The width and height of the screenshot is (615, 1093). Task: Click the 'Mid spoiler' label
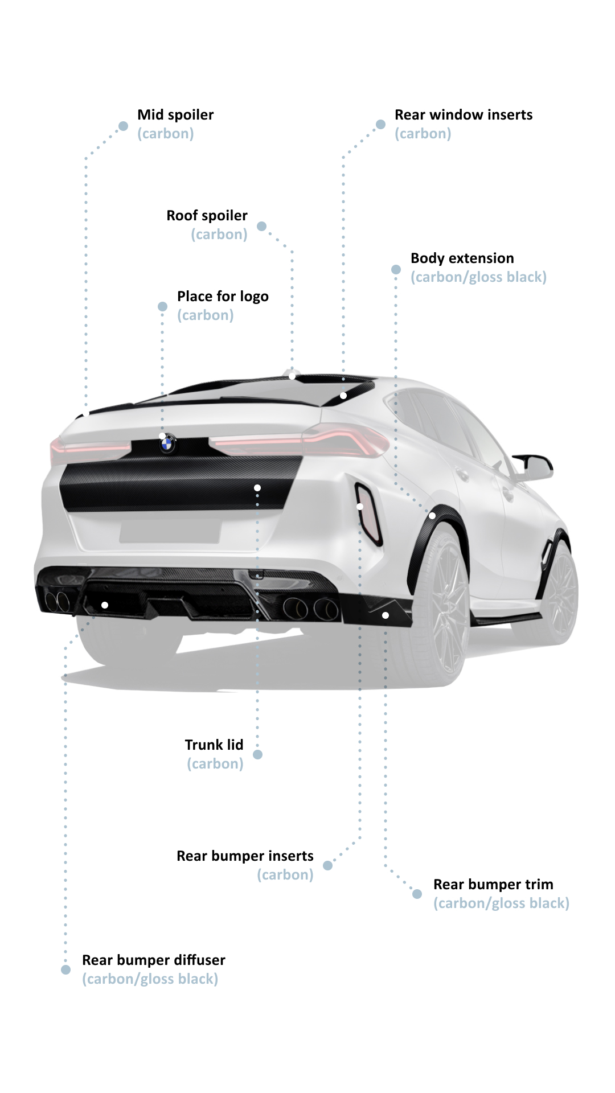(x=175, y=114)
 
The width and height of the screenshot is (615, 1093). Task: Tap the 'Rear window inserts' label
(x=464, y=114)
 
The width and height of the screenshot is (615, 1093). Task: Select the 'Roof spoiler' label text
(x=207, y=215)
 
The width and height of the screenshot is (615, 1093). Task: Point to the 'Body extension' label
(x=462, y=258)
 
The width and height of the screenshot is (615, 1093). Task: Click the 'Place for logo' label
(x=223, y=297)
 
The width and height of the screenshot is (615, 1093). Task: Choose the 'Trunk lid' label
(x=214, y=745)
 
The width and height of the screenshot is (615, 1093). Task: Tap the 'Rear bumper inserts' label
(x=245, y=856)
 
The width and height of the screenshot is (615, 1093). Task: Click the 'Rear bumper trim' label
(x=493, y=884)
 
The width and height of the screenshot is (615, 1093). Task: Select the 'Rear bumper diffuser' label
(x=154, y=960)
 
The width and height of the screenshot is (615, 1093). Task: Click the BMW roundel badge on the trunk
(x=167, y=443)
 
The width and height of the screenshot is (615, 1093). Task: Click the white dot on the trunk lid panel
(x=257, y=488)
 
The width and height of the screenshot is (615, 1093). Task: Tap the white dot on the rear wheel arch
(x=432, y=516)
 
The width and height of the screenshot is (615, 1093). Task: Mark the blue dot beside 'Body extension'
(x=396, y=269)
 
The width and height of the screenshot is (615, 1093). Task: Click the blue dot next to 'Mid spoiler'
(x=123, y=126)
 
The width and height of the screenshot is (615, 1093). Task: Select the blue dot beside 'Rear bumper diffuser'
(x=65, y=969)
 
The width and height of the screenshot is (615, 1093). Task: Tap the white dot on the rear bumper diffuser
(x=105, y=605)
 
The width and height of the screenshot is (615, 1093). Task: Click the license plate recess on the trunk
(x=170, y=531)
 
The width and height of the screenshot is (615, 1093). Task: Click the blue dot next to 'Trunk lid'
(x=257, y=754)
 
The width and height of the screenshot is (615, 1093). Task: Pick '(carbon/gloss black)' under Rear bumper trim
(x=501, y=903)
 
